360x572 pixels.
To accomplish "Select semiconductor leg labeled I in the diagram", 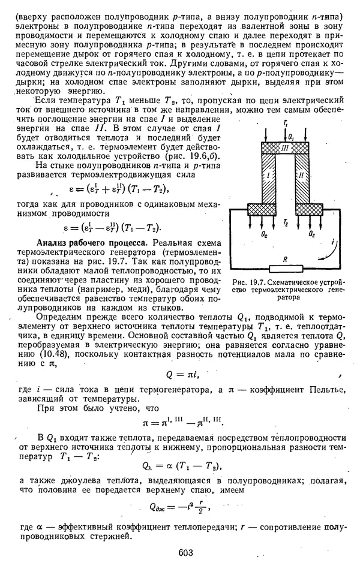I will click(x=268, y=176).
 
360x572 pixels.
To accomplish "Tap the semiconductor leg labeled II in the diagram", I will click(x=302, y=176).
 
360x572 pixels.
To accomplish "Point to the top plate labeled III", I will click(x=285, y=147).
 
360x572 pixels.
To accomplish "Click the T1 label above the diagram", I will click(x=284, y=122).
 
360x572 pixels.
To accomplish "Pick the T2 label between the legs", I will click(x=286, y=222).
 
